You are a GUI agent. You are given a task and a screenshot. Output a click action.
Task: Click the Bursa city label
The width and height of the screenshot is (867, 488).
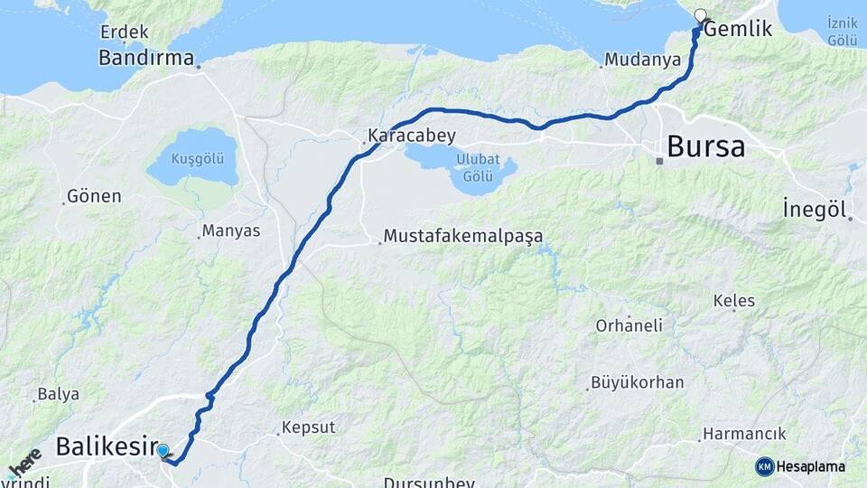coord(705,146)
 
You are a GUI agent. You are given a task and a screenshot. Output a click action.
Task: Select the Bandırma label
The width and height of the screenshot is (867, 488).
coord(146,58)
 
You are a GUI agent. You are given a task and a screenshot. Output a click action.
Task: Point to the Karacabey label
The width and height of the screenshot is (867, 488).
coord(411,136)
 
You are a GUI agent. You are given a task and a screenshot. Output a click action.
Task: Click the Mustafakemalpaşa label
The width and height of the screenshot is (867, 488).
coord(463,236)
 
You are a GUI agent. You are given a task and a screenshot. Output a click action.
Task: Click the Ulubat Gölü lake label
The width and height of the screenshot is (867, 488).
coord(478,167)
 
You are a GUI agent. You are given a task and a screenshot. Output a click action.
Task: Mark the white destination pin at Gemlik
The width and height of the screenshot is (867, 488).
coord(700,15)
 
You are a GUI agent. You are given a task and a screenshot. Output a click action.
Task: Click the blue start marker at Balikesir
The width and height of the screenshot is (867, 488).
coord(162,450)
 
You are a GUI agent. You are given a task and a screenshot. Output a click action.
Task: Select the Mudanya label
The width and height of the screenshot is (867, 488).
coord(642,61)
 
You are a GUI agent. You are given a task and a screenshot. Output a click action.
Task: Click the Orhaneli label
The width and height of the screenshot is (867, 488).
coord(629,325)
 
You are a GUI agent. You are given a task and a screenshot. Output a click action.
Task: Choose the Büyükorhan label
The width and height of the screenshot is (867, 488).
coord(637,382)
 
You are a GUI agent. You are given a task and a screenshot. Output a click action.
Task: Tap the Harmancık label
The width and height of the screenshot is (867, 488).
coord(744,434)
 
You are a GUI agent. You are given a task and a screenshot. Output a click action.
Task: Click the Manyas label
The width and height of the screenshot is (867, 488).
coord(230,230)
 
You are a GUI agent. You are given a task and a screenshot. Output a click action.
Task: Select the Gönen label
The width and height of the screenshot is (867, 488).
coord(94,196)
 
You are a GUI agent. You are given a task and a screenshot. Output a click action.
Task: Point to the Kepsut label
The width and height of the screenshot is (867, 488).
coord(308,427)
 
